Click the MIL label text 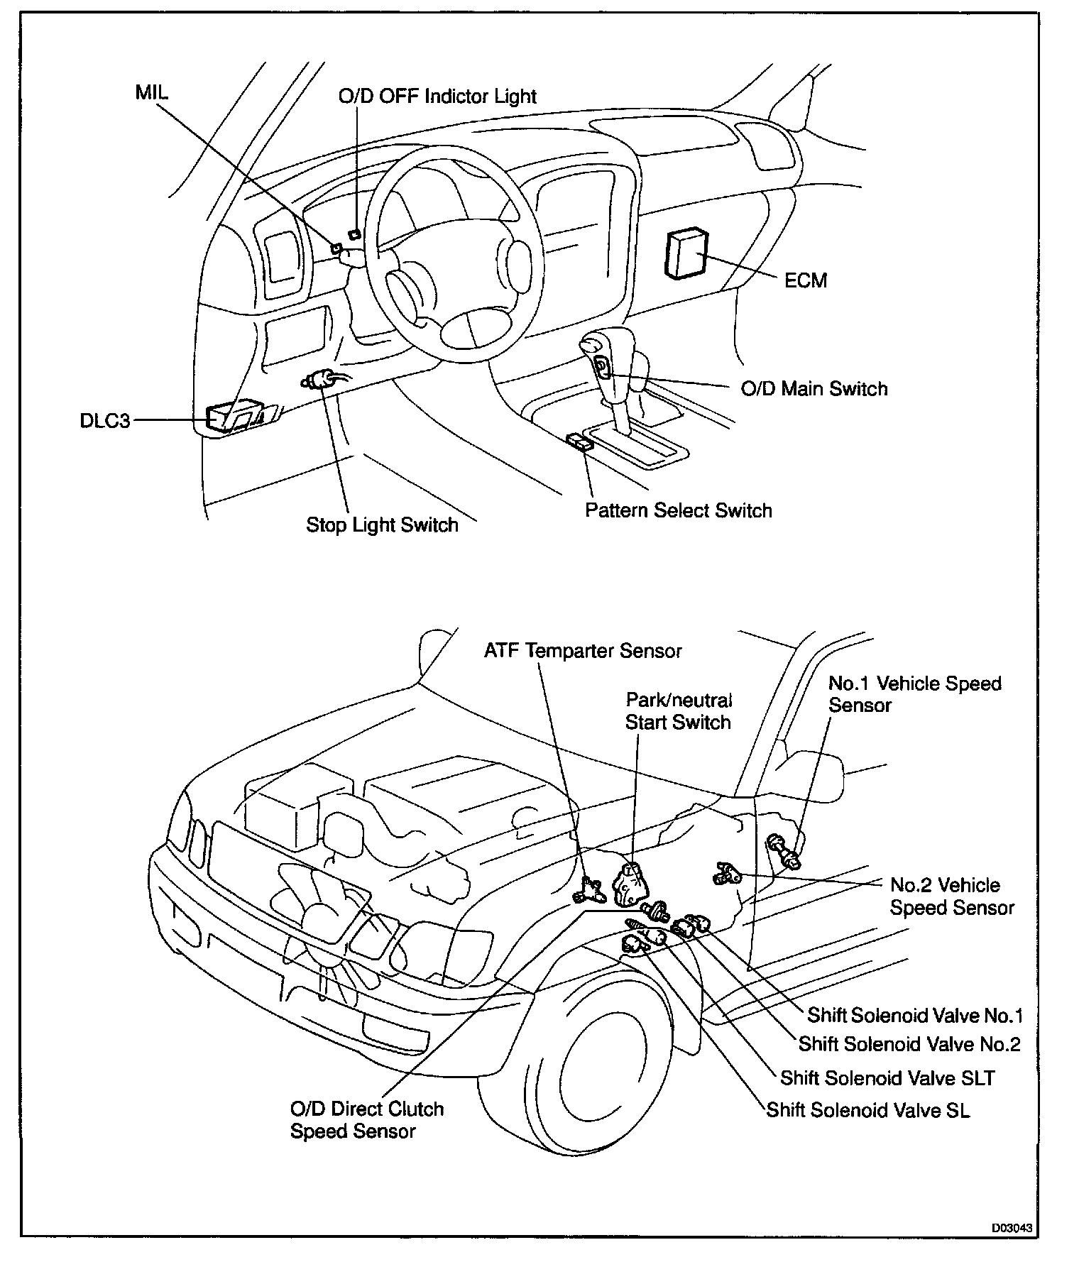(151, 94)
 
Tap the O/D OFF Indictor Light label (437, 97)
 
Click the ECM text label (806, 280)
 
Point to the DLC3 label (105, 421)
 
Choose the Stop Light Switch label (382, 525)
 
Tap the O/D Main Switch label (814, 389)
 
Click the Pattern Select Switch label (678, 511)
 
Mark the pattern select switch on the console (581, 444)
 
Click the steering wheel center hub (412, 291)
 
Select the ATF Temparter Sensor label (582, 651)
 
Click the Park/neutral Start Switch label (678, 711)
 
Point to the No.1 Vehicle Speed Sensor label (914, 694)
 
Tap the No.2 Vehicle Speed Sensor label (951, 896)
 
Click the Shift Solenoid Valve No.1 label (914, 1016)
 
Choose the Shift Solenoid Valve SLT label (887, 1078)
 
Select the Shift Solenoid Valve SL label (867, 1110)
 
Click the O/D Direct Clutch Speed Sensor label (366, 1119)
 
